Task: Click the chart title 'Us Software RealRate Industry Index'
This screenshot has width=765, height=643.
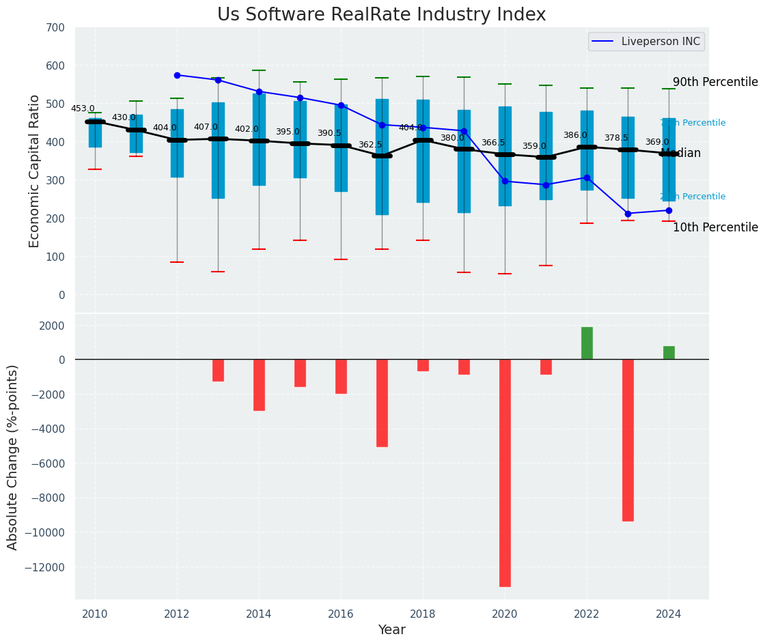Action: tap(381, 15)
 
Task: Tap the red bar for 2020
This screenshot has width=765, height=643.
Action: tap(505, 472)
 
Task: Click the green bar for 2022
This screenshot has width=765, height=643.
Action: tap(587, 343)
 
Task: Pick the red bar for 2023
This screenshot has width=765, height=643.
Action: tap(628, 440)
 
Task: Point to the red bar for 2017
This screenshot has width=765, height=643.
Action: tap(382, 403)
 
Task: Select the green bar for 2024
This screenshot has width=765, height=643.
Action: tap(669, 353)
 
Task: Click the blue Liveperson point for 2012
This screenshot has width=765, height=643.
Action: tap(177, 75)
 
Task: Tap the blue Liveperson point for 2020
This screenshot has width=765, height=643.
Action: tap(505, 181)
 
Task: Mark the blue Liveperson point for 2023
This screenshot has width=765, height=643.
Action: tap(628, 214)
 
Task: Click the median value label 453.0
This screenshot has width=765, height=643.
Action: tap(83, 109)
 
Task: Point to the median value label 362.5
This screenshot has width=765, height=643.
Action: tap(370, 145)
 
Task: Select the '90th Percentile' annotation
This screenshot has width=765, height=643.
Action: tap(715, 83)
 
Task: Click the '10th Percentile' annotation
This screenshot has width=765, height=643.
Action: tap(715, 228)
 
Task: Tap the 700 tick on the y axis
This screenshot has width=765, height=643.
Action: tap(55, 28)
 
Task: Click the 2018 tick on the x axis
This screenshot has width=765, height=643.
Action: tap(423, 614)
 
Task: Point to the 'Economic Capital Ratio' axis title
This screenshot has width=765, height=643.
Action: tap(35, 170)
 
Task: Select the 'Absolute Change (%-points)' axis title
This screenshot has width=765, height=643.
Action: tap(13, 457)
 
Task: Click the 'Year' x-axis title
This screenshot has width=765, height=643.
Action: tap(391, 630)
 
